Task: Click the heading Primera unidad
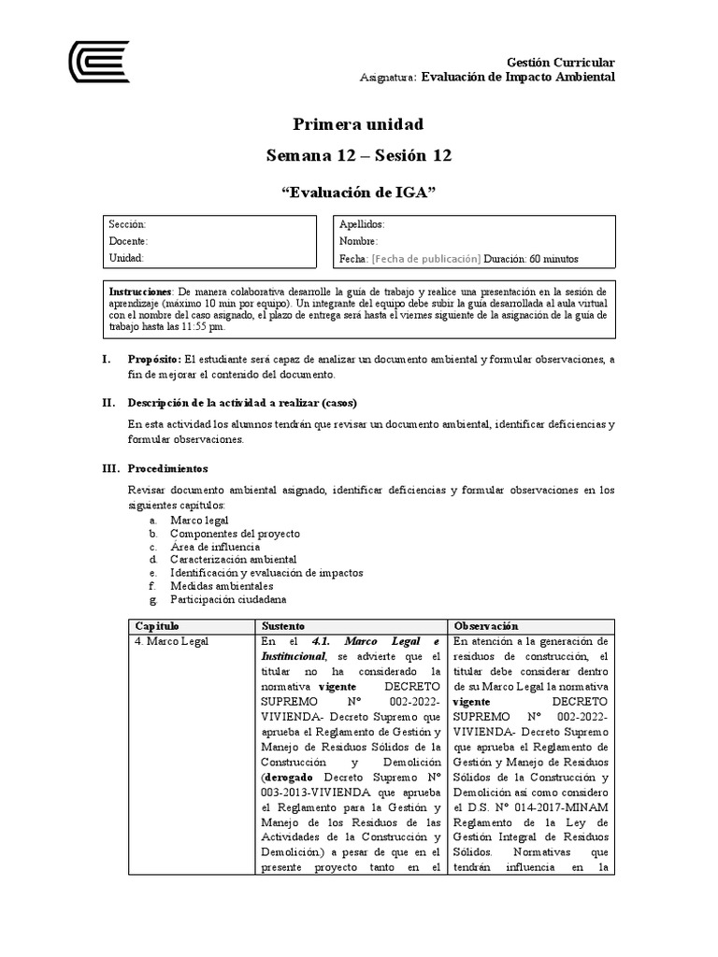[x=358, y=124]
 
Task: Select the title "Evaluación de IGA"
[x=359, y=193]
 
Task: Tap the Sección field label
[x=127, y=224]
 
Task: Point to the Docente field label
[x=128, y=241]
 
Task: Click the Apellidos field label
[x=362, y=224]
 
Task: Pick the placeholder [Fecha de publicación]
[x=426, y=258]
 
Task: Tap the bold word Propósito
[x=154, y=360]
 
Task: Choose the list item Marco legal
[x=199, y=520]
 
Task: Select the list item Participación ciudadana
[x=228, y=598]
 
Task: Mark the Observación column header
[x=486, y=625]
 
